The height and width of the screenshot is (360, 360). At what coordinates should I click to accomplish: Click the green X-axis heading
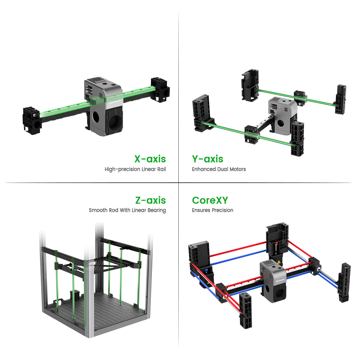(x=150, y=159)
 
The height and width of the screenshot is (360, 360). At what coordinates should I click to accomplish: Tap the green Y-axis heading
(x=208, y=159)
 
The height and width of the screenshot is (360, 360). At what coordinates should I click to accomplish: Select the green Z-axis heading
(x=150, y=200)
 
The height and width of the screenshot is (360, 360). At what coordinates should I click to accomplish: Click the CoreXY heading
(x=210, y=200)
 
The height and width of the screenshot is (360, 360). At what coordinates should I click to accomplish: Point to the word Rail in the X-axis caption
(x=161, y=169)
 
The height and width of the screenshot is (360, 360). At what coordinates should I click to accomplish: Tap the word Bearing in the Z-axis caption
(x=156, y=210)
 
